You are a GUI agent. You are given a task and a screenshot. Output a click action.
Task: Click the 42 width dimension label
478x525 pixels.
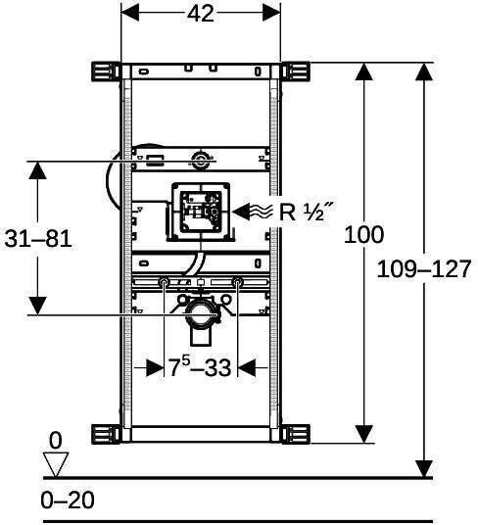click(x=201, y=14)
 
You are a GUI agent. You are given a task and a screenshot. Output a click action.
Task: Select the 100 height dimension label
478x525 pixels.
click(x=363, y=234)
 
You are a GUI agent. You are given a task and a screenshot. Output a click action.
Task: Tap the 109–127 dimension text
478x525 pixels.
click(x=424, y=268)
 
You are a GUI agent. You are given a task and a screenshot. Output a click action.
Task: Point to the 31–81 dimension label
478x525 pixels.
click(x=38, y=239)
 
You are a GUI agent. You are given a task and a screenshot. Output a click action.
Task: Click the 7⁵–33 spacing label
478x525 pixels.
click(x=200, y=366)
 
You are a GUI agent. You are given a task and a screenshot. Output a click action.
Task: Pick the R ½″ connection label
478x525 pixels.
click(x=307, y=212)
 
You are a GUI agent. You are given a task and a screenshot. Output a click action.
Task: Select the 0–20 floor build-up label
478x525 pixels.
click(x=68, y=501)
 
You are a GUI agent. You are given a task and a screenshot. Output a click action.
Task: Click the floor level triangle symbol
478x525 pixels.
click(x=56, y=464)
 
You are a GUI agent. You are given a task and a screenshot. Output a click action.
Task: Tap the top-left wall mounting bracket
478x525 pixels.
click(x=106, y=72)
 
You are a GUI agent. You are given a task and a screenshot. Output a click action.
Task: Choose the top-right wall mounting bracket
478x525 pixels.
click(x=295, y=72)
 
